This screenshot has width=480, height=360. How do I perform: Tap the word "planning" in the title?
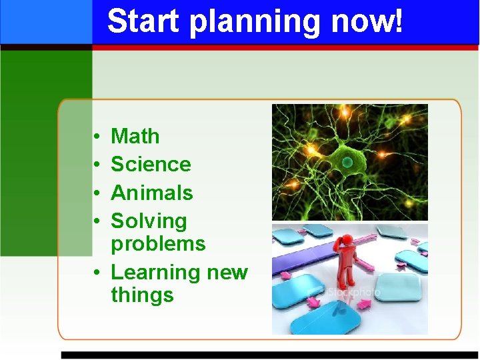pyautogui.click(x=255, y=23)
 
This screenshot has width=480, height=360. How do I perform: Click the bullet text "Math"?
pyautogui.click(x=135, y=136)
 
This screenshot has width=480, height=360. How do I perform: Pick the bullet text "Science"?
pyautogui.click(x=151, y=164)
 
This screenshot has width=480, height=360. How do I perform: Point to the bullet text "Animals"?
pyautogui.click(x=152, y=193)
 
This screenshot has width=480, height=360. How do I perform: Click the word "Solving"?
pyautogui.click(x=149, y=221)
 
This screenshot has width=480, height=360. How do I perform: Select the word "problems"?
pyautogui.click(x=158, y=244)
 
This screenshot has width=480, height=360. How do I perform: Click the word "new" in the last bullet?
pyautogui.click(x=227, y=273)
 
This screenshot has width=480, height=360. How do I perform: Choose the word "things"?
pyautogui.click(x=142, y=295)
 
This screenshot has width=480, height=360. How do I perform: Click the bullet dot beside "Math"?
pyautogui.click(x=97, y=137)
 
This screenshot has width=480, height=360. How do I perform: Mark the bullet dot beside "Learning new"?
pyautogui.click(x=97, y=273)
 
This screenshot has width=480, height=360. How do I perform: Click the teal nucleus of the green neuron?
pyautogui.click(x=347, y=162)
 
